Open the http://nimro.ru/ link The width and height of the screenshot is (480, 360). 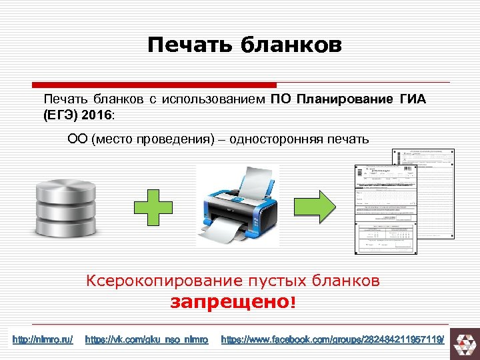point(43,339)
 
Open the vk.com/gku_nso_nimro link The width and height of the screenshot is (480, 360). point(147,339)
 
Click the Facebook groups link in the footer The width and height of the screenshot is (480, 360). point(331,339)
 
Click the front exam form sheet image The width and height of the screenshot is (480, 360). point(383,209)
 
